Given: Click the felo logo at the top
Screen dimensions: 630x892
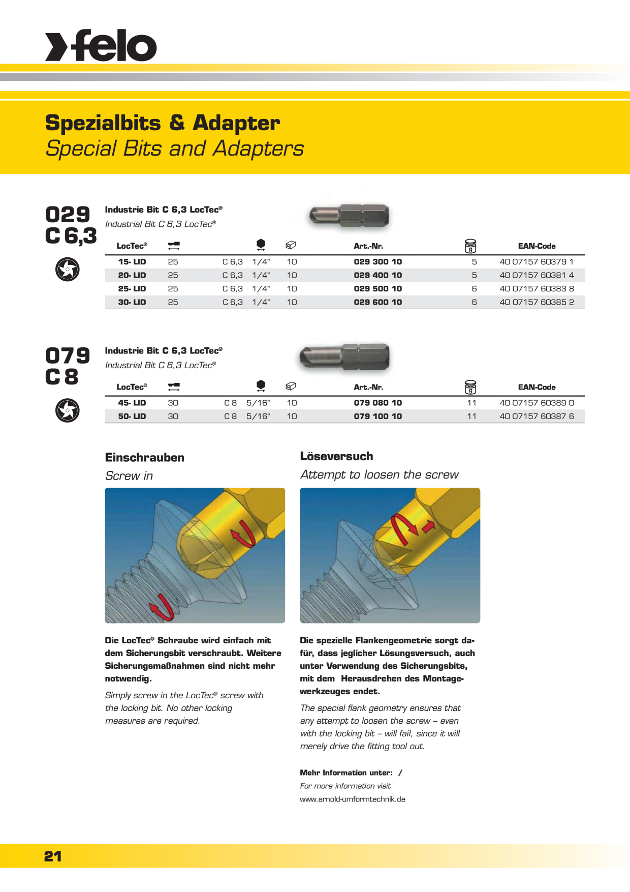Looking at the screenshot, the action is click(x=101, y=46).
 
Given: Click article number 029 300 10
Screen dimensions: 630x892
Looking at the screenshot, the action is click(x=377, y=262).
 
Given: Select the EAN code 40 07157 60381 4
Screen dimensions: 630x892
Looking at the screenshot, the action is click(x=537, y=275).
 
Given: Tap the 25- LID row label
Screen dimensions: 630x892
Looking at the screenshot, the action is click(x=132, y=289).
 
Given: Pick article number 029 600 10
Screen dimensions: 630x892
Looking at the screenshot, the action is click(x=377, y=302).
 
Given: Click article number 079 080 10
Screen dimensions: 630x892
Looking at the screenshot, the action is click(x=377, y=403).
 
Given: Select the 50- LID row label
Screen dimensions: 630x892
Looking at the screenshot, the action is click(x=132, y=417).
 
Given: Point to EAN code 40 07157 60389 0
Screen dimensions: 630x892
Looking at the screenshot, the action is click(x=537, y=403).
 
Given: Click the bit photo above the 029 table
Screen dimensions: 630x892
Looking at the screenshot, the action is click(x=349, y=215).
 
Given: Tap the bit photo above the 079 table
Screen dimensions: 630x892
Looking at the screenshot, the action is click(x=344, y=356).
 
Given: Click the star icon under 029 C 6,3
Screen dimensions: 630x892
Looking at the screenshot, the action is click(x=68, y=269).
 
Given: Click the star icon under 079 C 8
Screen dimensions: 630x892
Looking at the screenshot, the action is click(x=68, y=410).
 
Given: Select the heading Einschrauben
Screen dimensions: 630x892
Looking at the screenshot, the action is click(x=145, y=458).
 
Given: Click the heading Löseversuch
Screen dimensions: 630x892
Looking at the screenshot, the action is click(x=336, y=456).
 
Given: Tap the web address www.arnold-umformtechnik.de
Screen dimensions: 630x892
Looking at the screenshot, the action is click(x=353, y=799).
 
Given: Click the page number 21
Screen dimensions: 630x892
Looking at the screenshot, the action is click(x=53, y=856).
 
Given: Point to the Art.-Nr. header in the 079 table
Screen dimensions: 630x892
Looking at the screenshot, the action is click(x=368, y=388).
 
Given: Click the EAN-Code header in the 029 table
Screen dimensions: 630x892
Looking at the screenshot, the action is click(x=537, y=246).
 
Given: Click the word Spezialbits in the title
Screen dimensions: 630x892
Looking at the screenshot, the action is click(x=103, y=124).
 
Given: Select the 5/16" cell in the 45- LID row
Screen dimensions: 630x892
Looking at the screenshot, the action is click(x=258, y=403).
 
